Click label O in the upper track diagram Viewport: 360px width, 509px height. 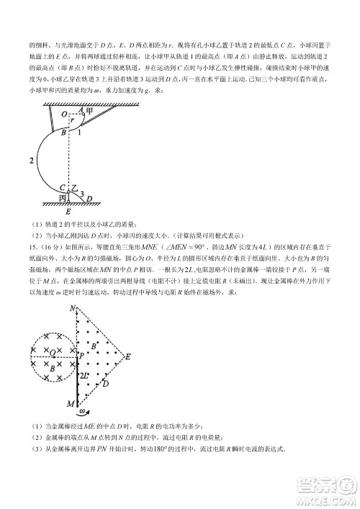coord(63,114)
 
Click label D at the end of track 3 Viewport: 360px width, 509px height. coord(90,201)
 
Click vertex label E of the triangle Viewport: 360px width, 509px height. coord(127,356)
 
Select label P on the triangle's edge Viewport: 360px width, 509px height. coord(81,356)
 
